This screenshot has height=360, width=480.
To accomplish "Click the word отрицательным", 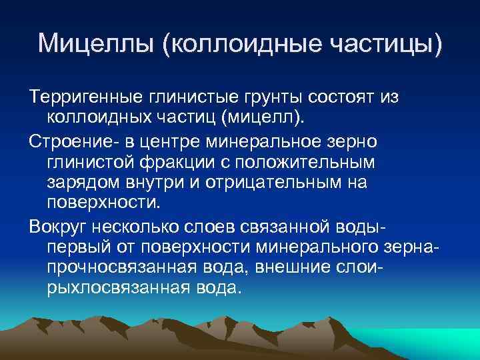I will tap(264, 183).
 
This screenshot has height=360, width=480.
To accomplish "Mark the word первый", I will tap(82, 247).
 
